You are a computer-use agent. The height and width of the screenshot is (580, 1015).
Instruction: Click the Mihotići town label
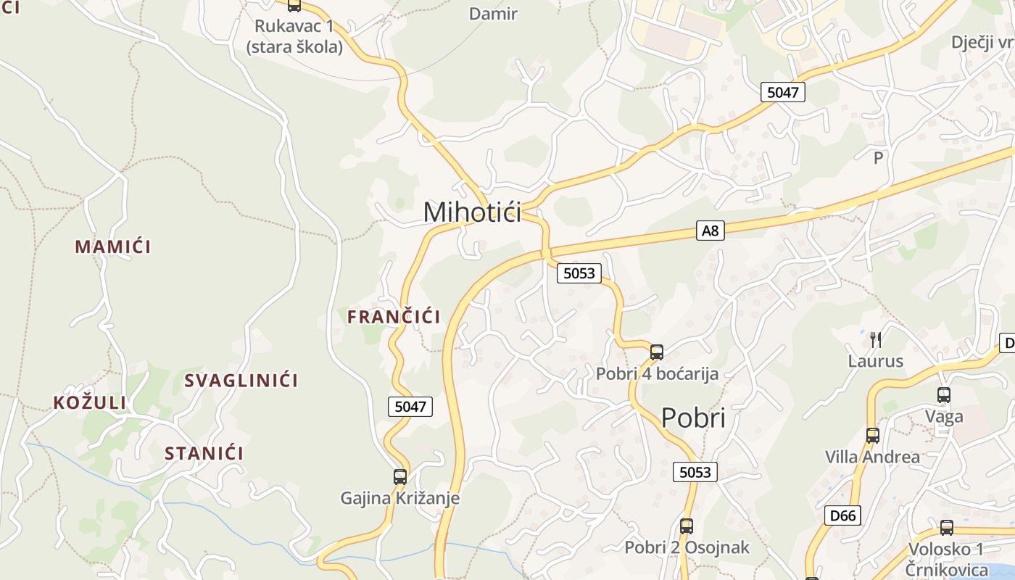pyautogui.click(x=472, y=212)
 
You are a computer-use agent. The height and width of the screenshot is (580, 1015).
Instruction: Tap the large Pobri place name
pyautogui.click(x=692, y=418)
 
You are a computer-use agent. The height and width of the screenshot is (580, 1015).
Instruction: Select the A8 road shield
pyautogui.click(x=710, y=231)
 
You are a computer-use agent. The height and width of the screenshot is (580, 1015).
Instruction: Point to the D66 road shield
pyautogui.click(x=842, y=516)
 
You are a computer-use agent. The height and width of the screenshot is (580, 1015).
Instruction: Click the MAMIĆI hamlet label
pyautogui.click(x=113, y=246)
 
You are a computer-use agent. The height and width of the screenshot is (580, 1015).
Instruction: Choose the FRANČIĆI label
pyautogui.click(x=394, y=317)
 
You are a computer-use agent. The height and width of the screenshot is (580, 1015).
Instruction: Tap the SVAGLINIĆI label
pyautogui.click(x=241, y=381)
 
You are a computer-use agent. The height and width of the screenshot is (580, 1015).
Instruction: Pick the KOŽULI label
pyautogui.click(x=90, y=403)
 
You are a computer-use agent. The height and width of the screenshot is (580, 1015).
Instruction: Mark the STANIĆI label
pyautogui.click(x=204, y=454)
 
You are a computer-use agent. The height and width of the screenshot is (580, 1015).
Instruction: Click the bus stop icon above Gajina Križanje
pyautogui.click(x=400, y=477)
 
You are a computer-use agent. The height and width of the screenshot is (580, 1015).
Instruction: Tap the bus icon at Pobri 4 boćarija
pyautogui.click(x=657, y=352)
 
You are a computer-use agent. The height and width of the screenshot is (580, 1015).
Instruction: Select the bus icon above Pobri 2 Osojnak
pyautogui.click(x=687, y=526)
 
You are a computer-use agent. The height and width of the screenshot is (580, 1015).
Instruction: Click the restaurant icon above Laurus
pyautogui.click(x=876, y=339)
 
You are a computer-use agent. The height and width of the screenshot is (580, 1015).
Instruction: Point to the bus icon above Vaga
pyautogui.click(x=944, y=395)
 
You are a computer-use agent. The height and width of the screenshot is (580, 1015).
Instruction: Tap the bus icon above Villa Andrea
pyautogui.click(x=873, y=436)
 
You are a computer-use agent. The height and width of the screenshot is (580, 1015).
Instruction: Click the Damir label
pyautogui.click(x=493, y=14)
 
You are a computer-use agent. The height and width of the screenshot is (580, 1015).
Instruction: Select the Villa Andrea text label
pyautogui.click(x=872, y=457)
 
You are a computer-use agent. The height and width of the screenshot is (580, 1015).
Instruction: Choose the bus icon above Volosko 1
pyautogui.click(x=947, y=528)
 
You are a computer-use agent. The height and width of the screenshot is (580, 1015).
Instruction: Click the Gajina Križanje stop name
pyautogui.click(x=400, y=499)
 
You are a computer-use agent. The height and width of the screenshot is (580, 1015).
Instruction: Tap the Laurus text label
pyautogui.click(x=876, y=361)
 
